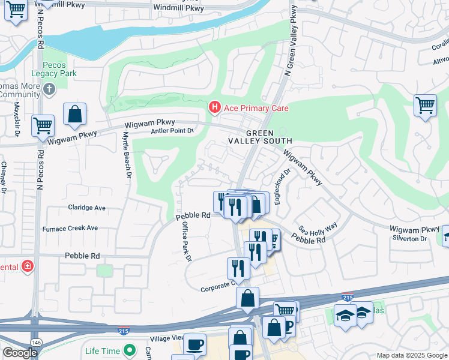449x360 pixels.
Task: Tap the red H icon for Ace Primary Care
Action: click(x=214, y=107)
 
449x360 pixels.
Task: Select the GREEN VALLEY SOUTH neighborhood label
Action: click(x=259, y=137)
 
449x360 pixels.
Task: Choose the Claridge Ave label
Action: click(x=82, y=208)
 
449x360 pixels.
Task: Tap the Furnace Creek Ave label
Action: click(x=70, y=228)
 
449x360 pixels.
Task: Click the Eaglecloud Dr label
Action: click(x=282, y=186)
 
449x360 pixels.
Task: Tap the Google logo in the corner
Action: click(x=20, y=353)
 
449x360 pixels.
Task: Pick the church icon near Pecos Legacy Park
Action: click(x=49, y=90)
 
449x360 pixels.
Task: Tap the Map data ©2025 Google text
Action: click(x=411, y=355)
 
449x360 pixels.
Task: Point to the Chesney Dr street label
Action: click(x=4, y=178)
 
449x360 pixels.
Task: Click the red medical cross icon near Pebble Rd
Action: click(x=27, y=265)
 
